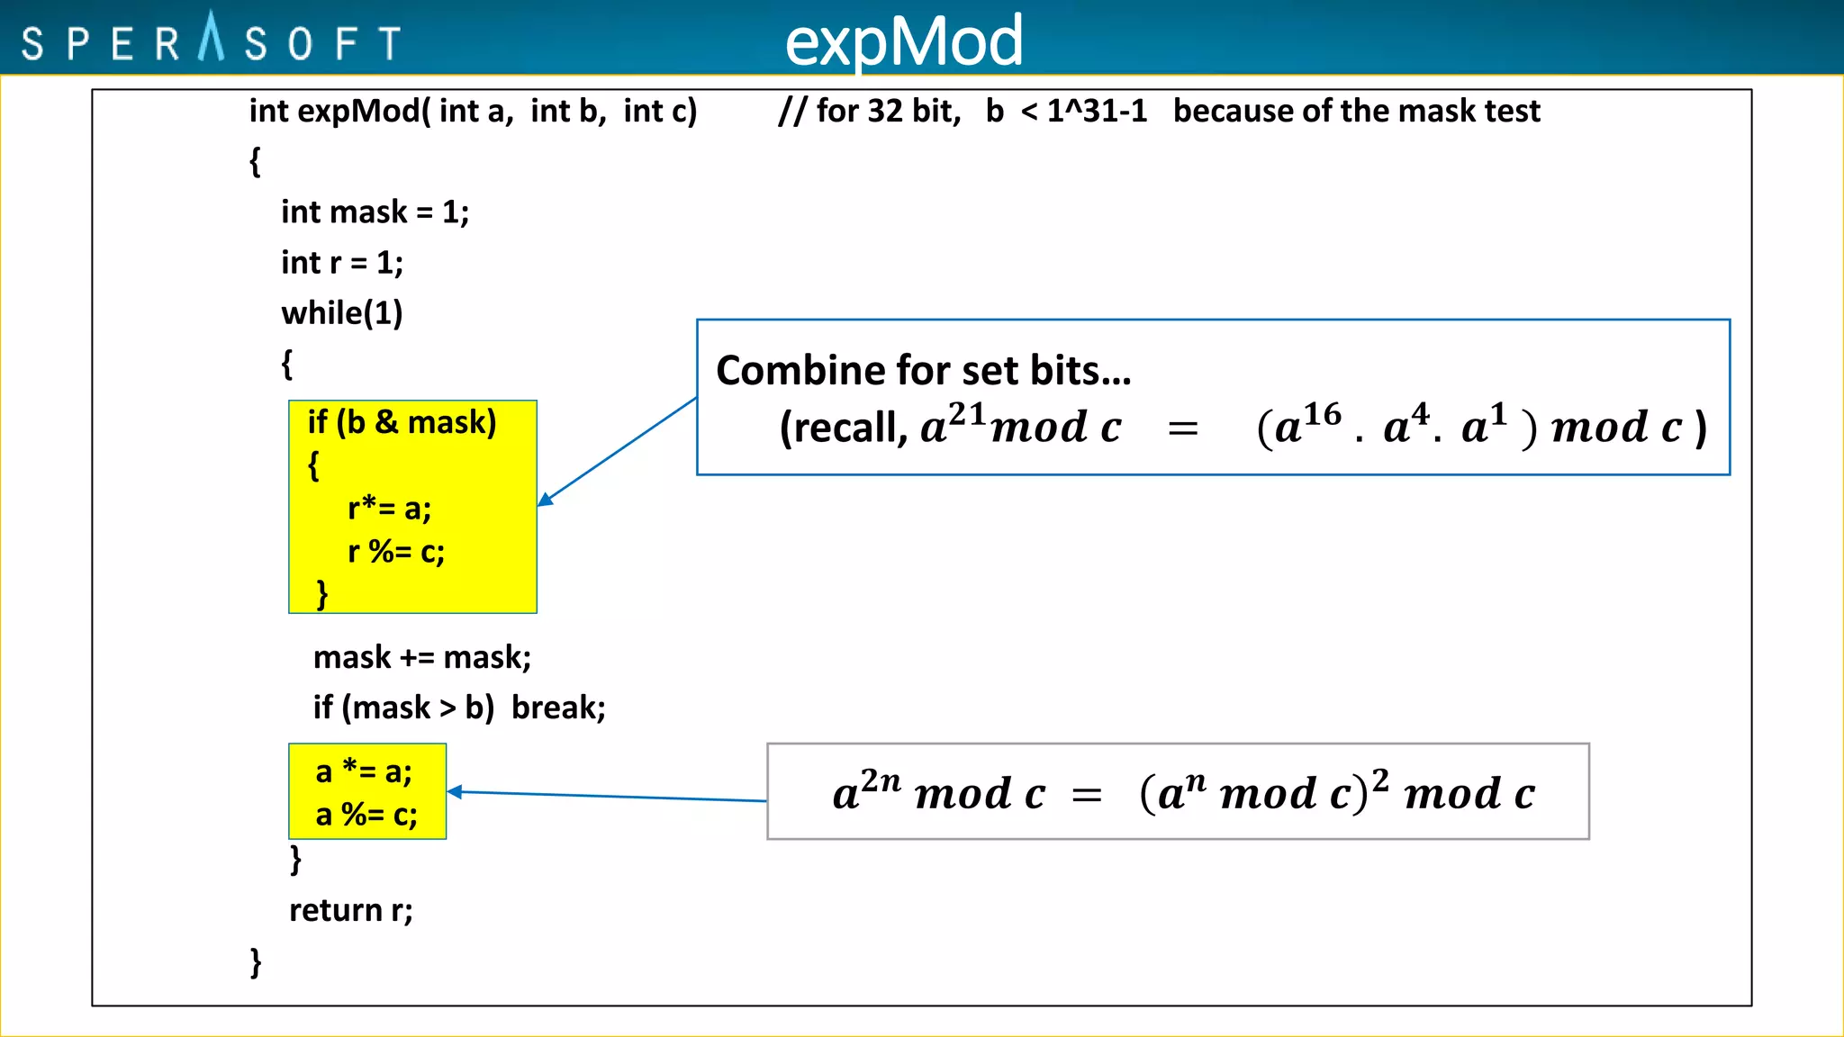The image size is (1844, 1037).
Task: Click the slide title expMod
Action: click(904, 41)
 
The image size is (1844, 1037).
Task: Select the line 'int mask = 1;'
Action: click(375, 212)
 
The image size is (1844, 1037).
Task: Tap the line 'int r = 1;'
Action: click(342, 263)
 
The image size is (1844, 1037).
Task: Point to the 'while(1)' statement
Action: click(342, 313)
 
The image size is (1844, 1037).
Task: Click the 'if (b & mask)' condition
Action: click(402, 422)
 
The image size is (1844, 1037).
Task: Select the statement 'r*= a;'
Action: click(389, 509)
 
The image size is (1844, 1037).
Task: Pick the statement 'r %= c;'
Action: click(396, 552)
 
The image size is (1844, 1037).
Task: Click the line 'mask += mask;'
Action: click(421, 657)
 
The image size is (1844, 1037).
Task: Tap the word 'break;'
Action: click(558, 708)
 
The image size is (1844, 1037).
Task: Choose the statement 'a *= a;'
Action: click(364, 771)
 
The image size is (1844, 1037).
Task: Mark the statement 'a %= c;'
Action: click(366, 815)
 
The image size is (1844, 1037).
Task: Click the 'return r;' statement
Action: click(351, 910)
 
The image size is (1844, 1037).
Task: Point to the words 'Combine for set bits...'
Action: click(924, 371)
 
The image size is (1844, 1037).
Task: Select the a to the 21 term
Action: click(953, 424)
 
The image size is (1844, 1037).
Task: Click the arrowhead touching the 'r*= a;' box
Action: click(545, 500)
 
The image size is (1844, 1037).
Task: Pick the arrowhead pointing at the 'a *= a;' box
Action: click(455, 791)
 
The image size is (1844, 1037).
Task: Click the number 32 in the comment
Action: click(885, 111)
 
